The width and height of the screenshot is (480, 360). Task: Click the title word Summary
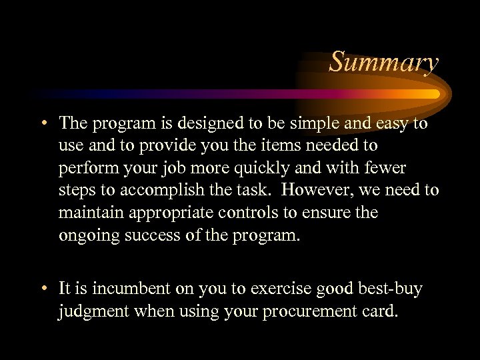(384, 62)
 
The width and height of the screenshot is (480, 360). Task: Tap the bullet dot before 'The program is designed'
(43, 124)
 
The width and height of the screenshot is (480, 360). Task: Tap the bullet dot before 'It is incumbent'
(43, 289)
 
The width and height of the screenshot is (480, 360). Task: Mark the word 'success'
(150, 235)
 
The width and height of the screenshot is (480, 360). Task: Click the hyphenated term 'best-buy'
(390, 289)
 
